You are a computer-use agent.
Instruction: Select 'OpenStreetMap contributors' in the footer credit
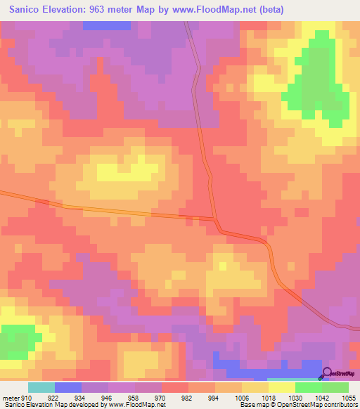(x=316, y=405)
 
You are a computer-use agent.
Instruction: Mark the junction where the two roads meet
(x=215, y=220)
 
